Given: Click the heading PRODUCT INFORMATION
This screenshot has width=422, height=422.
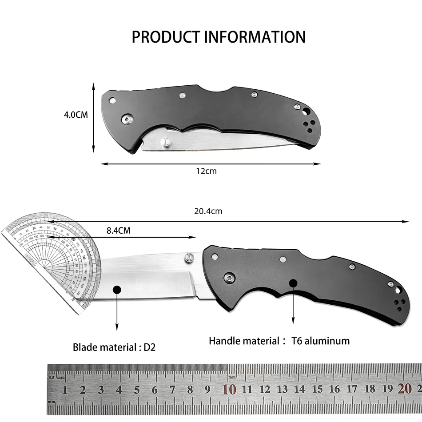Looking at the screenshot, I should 219,37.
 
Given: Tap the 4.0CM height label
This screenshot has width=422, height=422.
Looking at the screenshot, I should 76,115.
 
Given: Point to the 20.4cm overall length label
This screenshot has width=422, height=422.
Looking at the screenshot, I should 208,211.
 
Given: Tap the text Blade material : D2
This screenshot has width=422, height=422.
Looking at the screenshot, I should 114,347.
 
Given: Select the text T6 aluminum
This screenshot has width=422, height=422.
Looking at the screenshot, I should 320,341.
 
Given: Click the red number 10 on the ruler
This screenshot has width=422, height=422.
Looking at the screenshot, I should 229,390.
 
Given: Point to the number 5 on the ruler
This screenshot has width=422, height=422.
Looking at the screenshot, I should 137,390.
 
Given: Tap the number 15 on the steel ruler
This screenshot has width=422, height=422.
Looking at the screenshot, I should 317,390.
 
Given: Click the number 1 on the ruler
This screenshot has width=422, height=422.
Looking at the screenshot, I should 65,390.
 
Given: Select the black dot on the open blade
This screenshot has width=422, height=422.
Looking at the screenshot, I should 117,290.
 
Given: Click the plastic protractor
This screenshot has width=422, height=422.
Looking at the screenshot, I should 49,262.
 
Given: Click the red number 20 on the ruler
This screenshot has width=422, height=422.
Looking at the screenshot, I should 405,389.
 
